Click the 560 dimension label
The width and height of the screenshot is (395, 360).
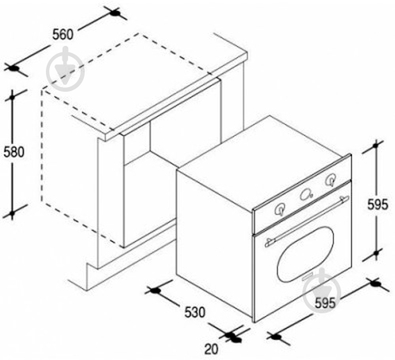click(x=63, y=35)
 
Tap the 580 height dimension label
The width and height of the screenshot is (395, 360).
click(x=14, y=152)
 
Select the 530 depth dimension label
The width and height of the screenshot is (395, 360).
click(x=195, y=313)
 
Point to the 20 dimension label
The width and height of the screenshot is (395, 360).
click(x=211, y=349)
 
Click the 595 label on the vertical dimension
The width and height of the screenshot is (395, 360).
click(x=378, y=204)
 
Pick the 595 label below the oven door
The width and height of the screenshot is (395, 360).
click(x=325, y=303)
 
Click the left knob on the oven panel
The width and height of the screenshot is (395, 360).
click(x=279, y=210)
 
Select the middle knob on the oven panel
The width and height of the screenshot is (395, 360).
click(x=306, y=195)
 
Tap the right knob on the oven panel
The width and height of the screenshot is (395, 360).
click(x=330, y=180)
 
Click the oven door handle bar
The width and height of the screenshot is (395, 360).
click(x=307, y=221)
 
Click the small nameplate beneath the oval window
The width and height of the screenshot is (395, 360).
click(x=308, y=277)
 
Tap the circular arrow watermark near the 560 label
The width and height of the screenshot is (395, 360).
click(x=65, y=69)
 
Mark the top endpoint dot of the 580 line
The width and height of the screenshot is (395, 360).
click(x=12, y=97)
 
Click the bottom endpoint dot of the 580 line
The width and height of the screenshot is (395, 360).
click(x=12, y=213)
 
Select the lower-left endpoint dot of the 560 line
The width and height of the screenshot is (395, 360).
click(x=13, y=68)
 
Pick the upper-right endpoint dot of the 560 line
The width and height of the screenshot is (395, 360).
click(x=115, y=13)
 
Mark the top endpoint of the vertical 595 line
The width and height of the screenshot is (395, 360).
click(x=375, y=145)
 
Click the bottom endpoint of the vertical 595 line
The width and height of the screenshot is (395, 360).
click(x=376, y=253)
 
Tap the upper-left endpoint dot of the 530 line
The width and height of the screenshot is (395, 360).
click(x=156, y=291)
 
